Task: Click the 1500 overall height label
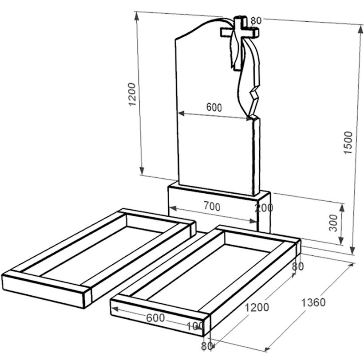click(348, 143)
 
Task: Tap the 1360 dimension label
click(313, 302)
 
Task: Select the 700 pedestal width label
click(212, 206)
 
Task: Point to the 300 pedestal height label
click(333, 223)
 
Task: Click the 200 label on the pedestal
click(264, 207)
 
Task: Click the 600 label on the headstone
click(214, 107)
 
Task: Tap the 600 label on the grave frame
click(155, 318)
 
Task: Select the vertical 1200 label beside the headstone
click(132, 94)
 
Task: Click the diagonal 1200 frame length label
click(257, 307)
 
